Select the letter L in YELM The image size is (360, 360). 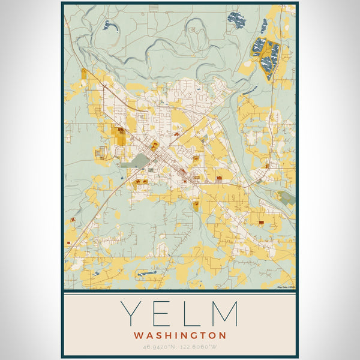point(191,314)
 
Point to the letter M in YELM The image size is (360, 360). point(224,314)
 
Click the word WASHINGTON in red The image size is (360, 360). point(180,335)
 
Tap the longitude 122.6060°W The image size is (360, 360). point(200,347)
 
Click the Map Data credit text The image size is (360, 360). point(286,287)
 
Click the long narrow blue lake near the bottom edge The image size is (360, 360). point(146,273)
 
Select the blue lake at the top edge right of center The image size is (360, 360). point(236,19)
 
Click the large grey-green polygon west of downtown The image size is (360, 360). point(137,160)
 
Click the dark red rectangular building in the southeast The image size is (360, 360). point(262,223)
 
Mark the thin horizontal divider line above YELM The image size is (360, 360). point(180,295)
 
